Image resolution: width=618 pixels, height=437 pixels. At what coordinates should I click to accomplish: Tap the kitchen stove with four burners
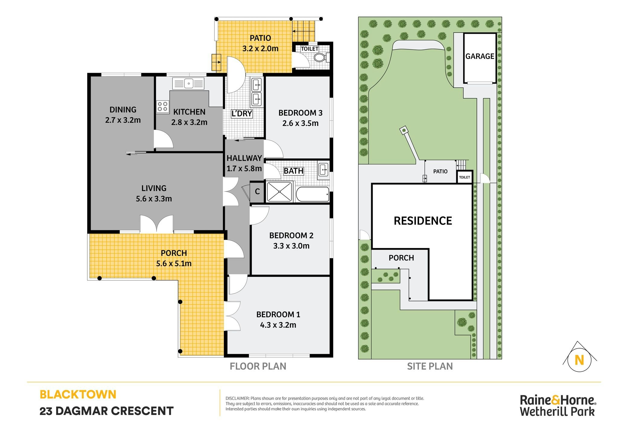[x=163, y=107]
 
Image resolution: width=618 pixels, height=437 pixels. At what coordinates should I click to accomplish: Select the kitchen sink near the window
[x=188, y=83]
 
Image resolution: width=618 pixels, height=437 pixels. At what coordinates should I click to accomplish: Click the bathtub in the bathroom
[x=312, y=194]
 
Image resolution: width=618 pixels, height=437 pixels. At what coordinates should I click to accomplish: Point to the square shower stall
[x=280, y=192]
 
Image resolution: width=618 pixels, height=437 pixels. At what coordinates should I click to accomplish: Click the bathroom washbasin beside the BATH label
[x=323, y=170]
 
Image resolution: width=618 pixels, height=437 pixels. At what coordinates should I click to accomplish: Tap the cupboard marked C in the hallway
[x=257, y=191]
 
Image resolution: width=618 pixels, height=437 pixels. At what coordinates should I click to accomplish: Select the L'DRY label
[x=241, y=113]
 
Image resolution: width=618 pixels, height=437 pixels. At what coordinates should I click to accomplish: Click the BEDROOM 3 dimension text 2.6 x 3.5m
[x=301, y=123]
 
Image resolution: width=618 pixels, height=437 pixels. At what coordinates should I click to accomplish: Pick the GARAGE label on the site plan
[x=480, y=56]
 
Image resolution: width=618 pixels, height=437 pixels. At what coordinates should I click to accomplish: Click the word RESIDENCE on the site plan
[x=423, y=221]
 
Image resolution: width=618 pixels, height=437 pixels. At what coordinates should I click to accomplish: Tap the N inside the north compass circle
[x=579, y=360]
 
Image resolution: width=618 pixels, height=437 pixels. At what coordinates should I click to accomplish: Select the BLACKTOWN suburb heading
[x=78, y=394]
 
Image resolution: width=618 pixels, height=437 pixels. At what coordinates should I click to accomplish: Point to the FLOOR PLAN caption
[x=258, y=366]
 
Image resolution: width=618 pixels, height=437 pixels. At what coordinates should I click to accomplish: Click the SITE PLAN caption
[x=430, y=366]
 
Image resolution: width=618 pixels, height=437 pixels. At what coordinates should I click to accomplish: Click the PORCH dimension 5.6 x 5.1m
[x=174, y=263]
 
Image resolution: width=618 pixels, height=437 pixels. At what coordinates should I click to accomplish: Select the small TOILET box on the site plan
[x=465, y=177]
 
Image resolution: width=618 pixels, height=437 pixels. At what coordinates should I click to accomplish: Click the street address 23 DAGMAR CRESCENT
[x=107, y=411]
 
